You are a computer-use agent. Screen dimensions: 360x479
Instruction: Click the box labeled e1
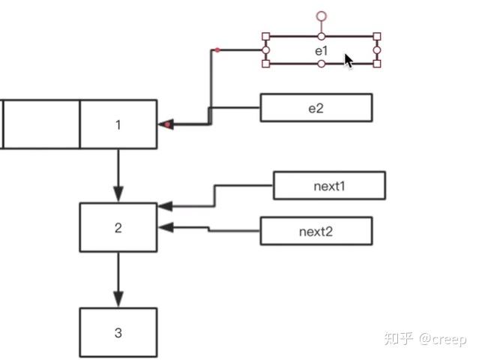point(321,50)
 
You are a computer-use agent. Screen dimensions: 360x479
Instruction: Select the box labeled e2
point(316,107)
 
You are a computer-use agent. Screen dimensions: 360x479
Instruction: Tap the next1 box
point(329,185)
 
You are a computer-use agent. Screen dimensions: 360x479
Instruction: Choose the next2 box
point(316,230)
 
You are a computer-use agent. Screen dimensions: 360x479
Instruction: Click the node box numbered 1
point(118,124)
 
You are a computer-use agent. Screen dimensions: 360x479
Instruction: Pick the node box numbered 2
point(118,227)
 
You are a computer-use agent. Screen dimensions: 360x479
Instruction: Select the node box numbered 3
point(118,332)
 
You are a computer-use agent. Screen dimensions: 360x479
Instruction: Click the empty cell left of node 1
point(41,124)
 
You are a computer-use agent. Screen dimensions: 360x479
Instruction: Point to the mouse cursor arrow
point(349,61)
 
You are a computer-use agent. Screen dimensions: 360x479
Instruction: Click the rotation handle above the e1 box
point(322,15)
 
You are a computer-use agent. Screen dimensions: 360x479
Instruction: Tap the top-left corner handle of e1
point(265,36)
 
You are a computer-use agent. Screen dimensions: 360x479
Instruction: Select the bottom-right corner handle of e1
point(377,64)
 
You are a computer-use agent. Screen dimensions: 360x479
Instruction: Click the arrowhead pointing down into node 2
point(118,195)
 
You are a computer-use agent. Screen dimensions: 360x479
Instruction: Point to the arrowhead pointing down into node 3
point(118,300)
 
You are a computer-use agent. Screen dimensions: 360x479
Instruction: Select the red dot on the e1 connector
point(217,50)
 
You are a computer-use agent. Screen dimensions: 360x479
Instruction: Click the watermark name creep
point(448,339)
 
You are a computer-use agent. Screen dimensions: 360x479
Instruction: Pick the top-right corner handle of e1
point(377,36)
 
